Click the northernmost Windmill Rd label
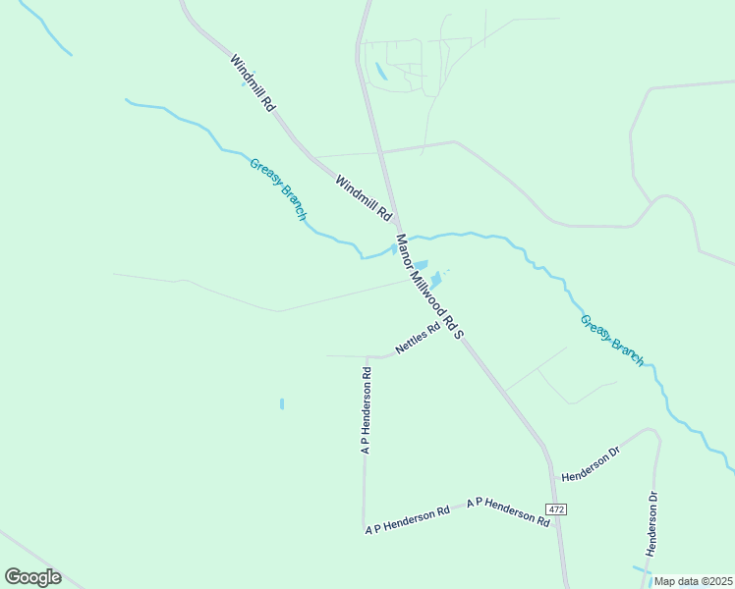pyautogui.click(x=253, y=82)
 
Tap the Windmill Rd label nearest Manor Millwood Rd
pyautogui.click(x=364, y=197)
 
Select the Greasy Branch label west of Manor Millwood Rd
pyautogui.click(x=278, y=189)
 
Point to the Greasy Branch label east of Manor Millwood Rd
pyautogui.click(x=611, y=340)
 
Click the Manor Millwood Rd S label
pyautogui.click(x=428, y=287)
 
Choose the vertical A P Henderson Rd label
pyautogui.click(x=366, y=410)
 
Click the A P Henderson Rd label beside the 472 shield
pyautogui.click(x=508, y=513)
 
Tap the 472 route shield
pyautogui.click(x=557, y=509)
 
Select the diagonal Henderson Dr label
pyautogui.click(x=591, y=464)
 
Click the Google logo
pyautogui.click(x=32, y=577)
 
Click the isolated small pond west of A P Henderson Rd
pyautogui.click(x=282, y=403)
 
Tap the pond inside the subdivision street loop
pyautogui.click(x=380, y=71)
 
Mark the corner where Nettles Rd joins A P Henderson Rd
pyautogui.click(x=367, y=356)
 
